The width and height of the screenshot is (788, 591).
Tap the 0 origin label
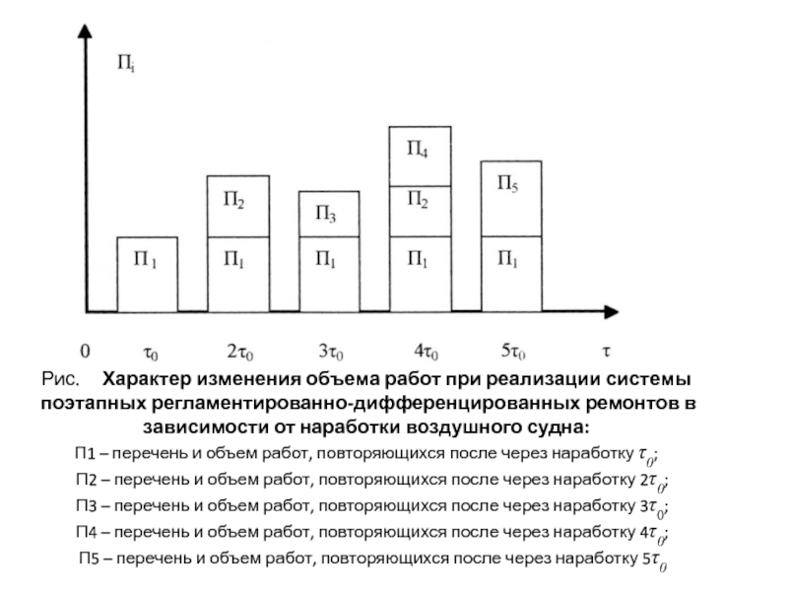(x=86, y=350)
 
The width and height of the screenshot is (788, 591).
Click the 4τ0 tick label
(x=426, y=351)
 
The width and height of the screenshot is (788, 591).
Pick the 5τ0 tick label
(x=512, y=351)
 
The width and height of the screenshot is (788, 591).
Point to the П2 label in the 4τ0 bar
(x=417, y=200)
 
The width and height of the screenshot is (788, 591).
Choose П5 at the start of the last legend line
(x=91, y=561)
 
